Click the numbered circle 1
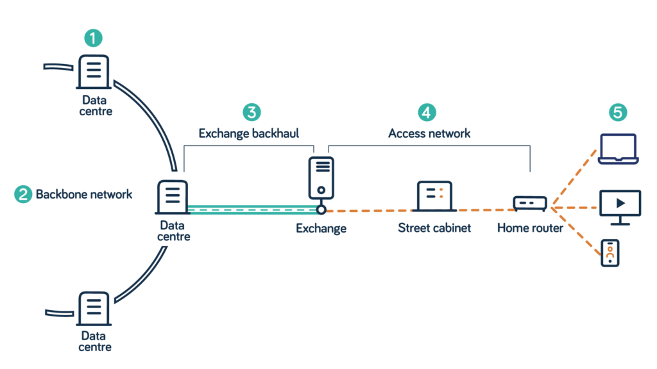(93, 38)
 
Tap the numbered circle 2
(23, 194)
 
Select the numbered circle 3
(252, 112)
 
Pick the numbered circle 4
(426, 112)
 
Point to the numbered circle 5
(617, 113)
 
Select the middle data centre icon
(172, 197)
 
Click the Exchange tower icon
(321, 177)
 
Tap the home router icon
(530, 203)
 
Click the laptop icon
(617, 149)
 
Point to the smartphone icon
(610, 252)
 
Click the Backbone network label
(84, 194)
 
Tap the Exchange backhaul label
(249, 134)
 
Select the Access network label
(429, 134)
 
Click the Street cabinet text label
(434, 228)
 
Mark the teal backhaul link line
(253, 209)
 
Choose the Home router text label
(530, 228)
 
